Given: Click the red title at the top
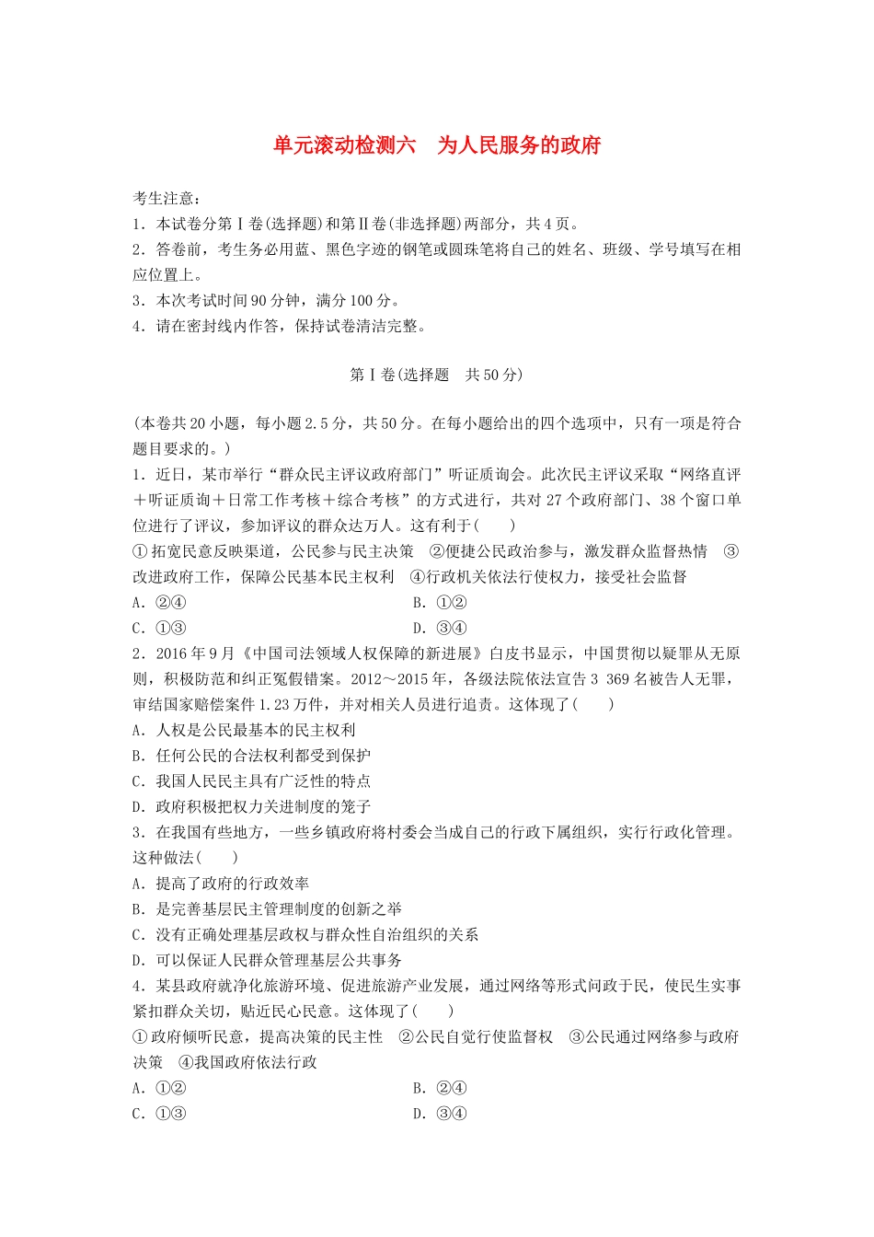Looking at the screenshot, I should coord(437,145).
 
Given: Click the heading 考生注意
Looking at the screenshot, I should coord(167,198).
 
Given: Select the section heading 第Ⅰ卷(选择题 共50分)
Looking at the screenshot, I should coord(436,375).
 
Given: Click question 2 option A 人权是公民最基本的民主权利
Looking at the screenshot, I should coord(244,730).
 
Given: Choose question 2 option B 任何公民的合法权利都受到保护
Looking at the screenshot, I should coord(251,756).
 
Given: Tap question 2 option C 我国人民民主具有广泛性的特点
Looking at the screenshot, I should coord(251,781).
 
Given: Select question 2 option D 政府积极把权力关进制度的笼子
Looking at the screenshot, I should coord(251,807).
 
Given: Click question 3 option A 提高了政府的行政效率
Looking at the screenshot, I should coord(221,884).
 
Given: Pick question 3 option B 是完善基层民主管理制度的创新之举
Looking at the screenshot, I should coord(267,909).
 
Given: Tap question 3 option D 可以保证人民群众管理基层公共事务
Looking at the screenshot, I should coord(267,960).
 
